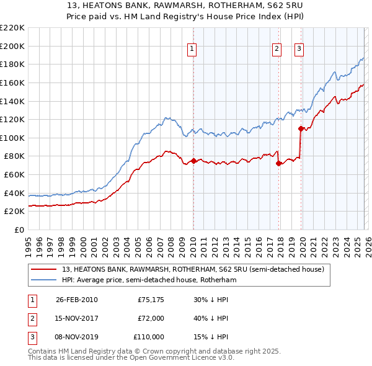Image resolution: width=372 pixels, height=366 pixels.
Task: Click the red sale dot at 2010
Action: (x=193, y=161)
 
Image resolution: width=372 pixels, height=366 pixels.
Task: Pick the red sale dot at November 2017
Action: (x=278, y=163)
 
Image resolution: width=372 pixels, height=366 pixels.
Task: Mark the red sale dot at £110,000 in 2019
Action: (x=301, y=128)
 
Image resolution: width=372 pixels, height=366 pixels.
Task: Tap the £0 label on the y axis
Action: (x=19, y=230)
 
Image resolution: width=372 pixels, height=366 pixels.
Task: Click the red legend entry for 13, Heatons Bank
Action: (x=193, y=269)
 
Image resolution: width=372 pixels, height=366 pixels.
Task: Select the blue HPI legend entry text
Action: (x=149, y=280)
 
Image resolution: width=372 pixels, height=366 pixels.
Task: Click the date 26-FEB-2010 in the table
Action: (x=76, y=300)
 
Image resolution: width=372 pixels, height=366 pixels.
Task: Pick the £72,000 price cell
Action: (x=151, y=318)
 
